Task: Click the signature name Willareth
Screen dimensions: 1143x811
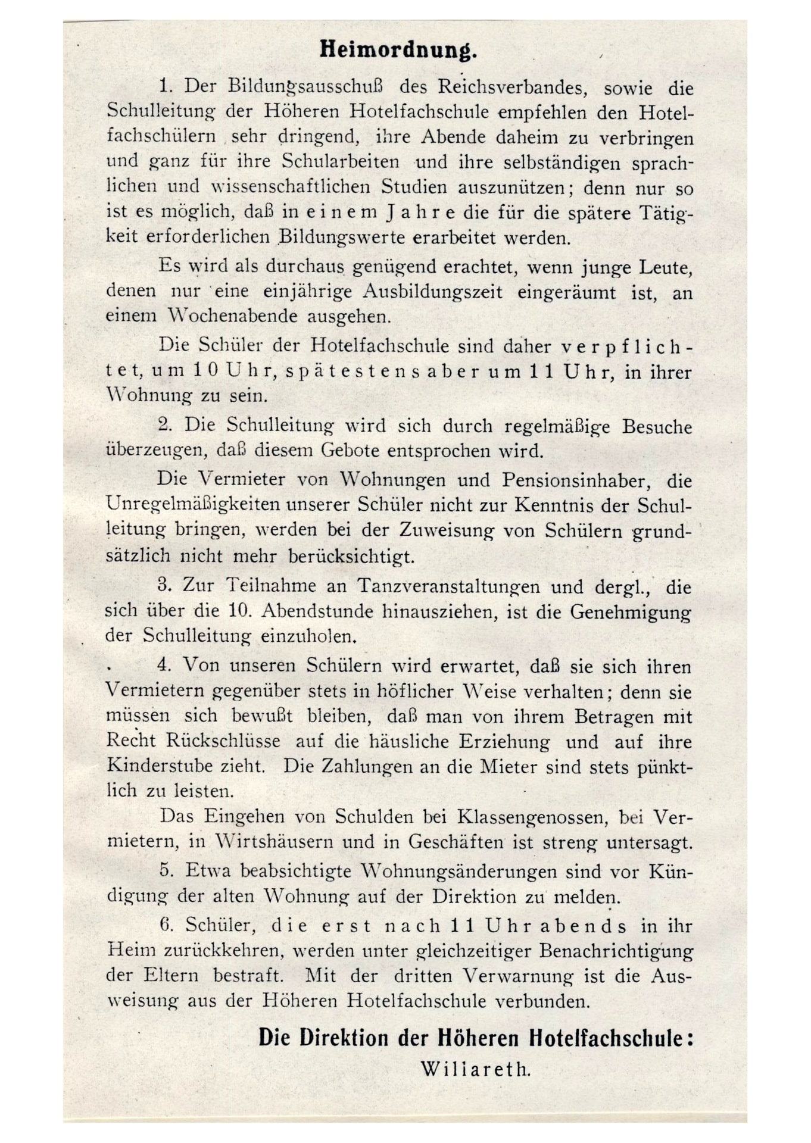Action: [475, 1069]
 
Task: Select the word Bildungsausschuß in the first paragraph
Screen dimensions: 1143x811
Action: [305, 87]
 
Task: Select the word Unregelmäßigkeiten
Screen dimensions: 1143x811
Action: [193, 505]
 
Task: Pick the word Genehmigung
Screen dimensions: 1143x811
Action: [630, 611]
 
